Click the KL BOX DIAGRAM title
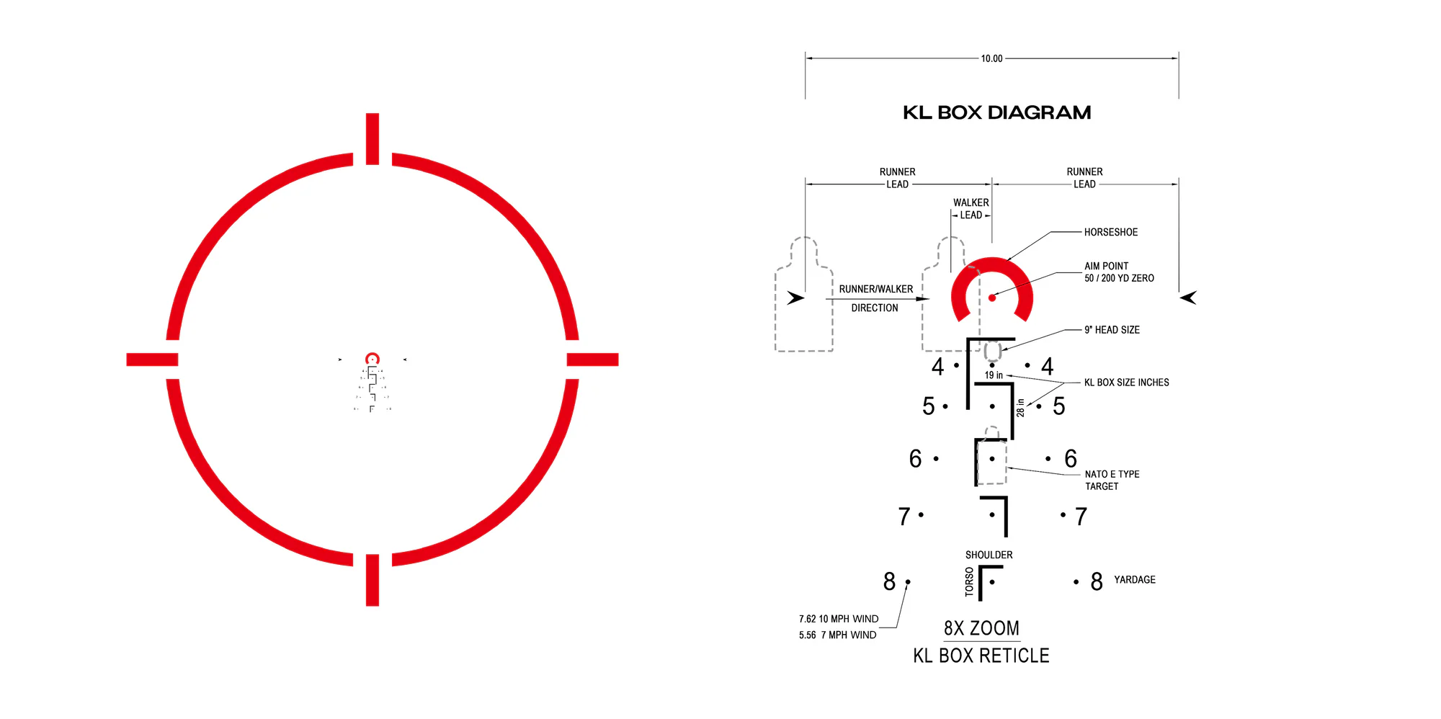(996, 112)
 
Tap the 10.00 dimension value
(991, 58)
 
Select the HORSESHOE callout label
(1111, 232)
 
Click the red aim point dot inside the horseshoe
(992, 298)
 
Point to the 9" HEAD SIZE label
(1112, 330)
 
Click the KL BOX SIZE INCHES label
(1127, 383)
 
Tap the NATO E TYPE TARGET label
(1112, 481)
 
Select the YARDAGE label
(1135, 580)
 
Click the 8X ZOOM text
(981, 628)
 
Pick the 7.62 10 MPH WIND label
(839, 619)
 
